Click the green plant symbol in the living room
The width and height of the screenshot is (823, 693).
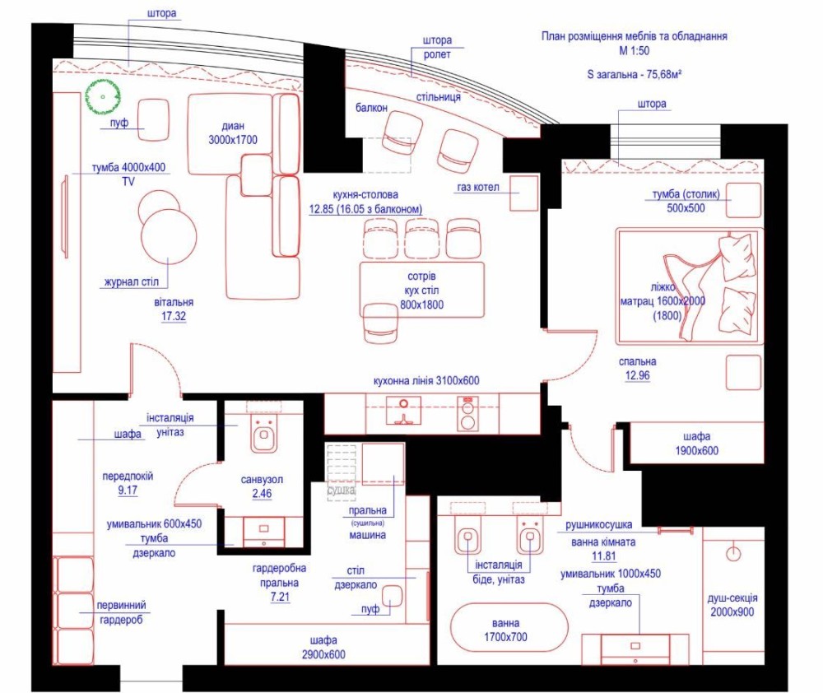[x=103, y=97]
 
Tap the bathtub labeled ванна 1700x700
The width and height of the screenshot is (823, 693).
[x=509, y=629]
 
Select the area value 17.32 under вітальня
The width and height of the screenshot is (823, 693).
[x=173, y=316]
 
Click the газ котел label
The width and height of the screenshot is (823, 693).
[x=477, y=188]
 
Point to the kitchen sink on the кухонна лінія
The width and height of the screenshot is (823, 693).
[x=403, y=410]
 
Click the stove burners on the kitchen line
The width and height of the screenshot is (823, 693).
[x=467, y=413]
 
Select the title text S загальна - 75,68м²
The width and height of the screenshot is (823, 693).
[x=634, y=75]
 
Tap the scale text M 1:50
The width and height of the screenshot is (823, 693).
[x=634, y=51]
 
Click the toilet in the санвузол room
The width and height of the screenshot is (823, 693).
[x=263, y=434]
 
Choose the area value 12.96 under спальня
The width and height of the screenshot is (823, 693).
[x=637, y=375]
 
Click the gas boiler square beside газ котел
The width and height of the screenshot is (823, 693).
[x=524, y=193]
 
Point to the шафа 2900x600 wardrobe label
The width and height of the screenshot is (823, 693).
[x=323, y=648]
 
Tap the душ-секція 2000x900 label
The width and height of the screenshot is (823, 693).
[x=732, y=605]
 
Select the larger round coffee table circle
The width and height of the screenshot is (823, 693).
[x=169, y=236]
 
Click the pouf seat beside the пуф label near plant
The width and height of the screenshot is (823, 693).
[x=153, y=120]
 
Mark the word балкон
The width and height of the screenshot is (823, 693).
[x=372, y=108]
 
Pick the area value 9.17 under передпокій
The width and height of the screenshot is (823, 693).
[x=128, y=491]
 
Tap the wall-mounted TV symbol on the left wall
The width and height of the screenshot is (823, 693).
[x=66, y=216]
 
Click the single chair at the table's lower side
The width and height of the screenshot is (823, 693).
[x=380, y=323]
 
